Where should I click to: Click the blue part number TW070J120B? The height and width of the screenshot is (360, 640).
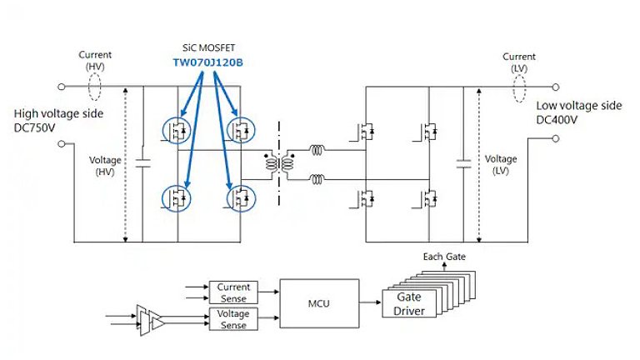208,62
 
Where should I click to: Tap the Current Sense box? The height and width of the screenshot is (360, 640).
233,292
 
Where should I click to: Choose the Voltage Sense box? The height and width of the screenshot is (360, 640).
233,319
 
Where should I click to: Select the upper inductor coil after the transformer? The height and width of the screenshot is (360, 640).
317,151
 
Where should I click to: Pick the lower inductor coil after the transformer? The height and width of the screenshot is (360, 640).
317,178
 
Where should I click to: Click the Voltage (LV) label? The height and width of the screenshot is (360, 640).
501,164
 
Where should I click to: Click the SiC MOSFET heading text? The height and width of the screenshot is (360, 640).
208,47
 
